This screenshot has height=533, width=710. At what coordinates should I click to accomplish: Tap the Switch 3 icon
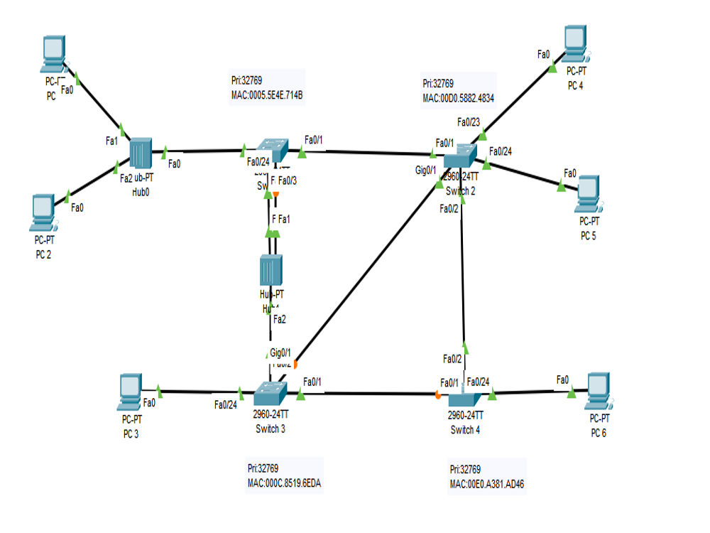pyautogui.click(x=270, y=391)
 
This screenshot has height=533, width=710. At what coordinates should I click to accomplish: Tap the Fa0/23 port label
pyautogui.click(x=469, y=122)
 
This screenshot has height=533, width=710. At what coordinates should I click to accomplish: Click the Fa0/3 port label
pyautogui.click(x=288, y=180)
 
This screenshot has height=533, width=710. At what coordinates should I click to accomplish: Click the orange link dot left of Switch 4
pyautogui.click(x=439, y=394)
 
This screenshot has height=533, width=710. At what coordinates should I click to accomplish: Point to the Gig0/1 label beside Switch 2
pyautogui.click(x=425, y=171)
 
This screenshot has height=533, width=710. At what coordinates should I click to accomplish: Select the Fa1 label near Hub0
pyautogui.click(x=111, y=141)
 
